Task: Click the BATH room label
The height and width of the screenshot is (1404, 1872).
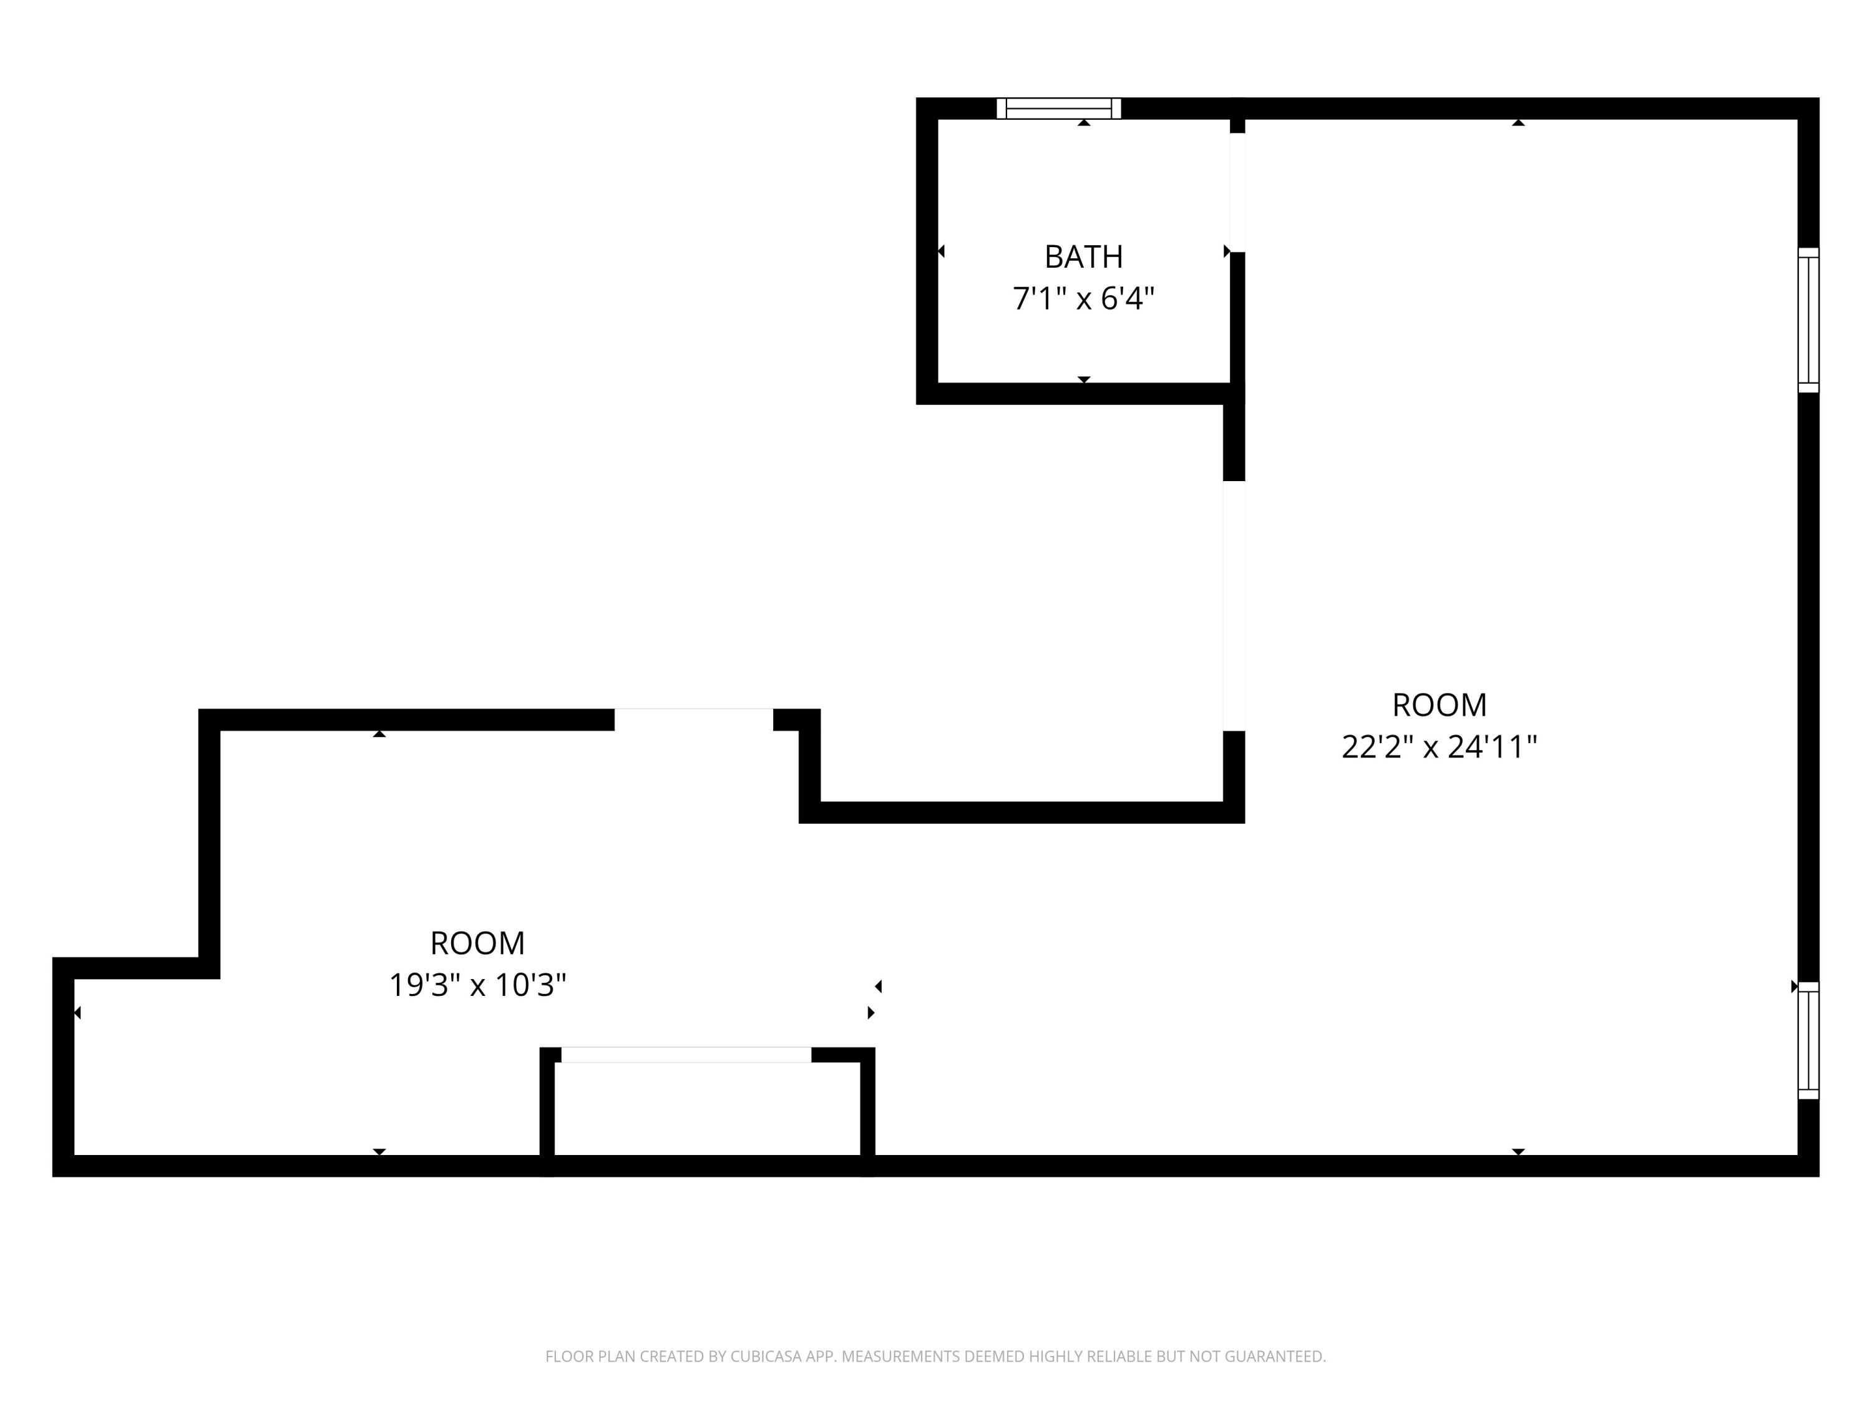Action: pyautogui.click(x=1083, y=256)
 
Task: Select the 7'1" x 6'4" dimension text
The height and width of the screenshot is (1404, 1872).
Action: pyautogui.click(x=1083, y=299)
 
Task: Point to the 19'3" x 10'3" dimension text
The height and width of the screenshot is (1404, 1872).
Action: pyautogui.click(x=477, y=985)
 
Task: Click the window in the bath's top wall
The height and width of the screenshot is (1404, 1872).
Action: pyautogui.click(x=1059, y=109)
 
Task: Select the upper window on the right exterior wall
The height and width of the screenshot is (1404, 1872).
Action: pyautogui.click(x=1808, y=320)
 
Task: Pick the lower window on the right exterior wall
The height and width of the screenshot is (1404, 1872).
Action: pyautogui.click(x=1808, y=1040)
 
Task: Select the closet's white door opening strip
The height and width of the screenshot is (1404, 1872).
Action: pyautogui.click(x=686, y=1055)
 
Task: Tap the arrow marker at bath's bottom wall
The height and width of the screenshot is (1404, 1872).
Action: pyautogui.click(x=1083, y=379)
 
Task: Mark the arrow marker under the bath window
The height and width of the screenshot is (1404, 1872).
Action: pyautogui.click(x=1083, y=123)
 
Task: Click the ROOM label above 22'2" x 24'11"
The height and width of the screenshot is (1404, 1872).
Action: pyautogui.click(x=1439, y=705)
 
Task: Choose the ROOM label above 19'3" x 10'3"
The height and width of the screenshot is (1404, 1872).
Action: pyautogui.click(x=477, y=943)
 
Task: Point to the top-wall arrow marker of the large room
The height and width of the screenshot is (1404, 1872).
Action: pyautogui.click(x=1518, y=123)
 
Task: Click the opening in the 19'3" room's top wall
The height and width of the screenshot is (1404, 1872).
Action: pyautogui.click(x=693, y=719)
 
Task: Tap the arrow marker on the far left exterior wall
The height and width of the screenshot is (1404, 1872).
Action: pyautogui.click(x=77, y=1012)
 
